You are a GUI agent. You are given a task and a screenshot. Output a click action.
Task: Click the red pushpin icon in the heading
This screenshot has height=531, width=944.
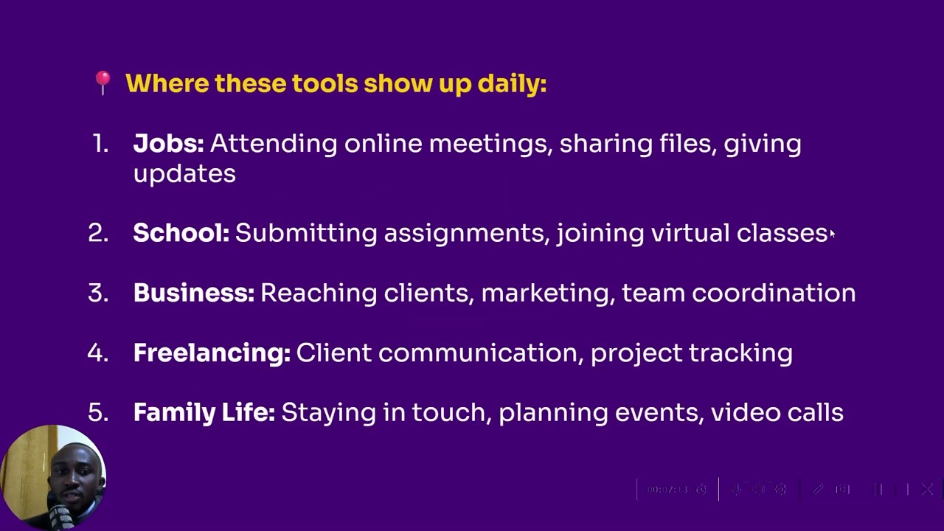pos(103,83)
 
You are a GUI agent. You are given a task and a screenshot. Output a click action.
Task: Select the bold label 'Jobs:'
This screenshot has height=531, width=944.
pos(168,144)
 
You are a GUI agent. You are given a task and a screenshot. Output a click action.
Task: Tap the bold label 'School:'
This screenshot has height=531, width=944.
pos(181,233)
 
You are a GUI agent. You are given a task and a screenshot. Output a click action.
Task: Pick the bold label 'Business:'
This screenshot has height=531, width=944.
pos(193,293)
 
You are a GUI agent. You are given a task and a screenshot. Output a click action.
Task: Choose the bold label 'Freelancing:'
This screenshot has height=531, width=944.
pos(212,353)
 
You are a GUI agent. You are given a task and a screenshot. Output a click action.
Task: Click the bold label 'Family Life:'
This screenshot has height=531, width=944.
pos(204,412)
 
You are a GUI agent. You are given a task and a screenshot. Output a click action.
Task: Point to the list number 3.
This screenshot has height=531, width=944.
pos(97,293)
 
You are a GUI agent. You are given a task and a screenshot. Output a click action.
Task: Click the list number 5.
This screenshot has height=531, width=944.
pos(97,412)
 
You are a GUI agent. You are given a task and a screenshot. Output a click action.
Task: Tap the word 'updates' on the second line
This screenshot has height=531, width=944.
pos(184,174)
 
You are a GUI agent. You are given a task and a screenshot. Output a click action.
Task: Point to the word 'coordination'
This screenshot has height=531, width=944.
pos(774,293)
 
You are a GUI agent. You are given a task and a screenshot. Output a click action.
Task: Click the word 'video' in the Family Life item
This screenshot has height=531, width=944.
pos(737,412)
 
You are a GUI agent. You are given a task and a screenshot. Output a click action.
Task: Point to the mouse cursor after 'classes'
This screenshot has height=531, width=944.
pos(832,234)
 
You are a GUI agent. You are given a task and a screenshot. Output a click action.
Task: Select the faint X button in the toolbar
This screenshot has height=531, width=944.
pos(927,489)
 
